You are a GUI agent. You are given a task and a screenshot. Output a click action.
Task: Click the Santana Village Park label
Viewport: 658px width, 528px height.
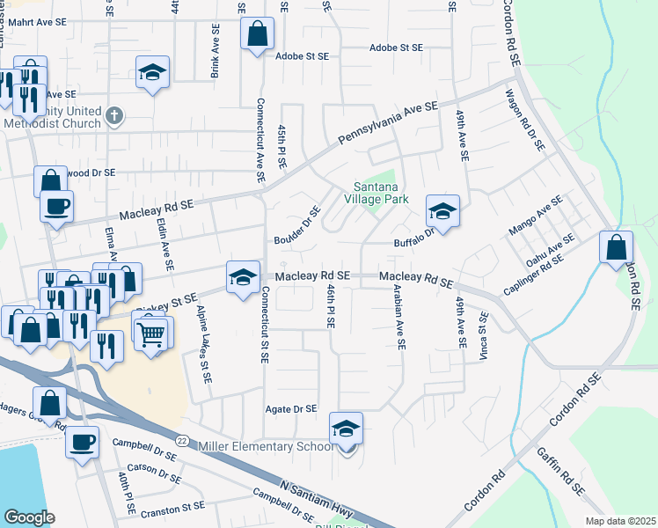point(382,194)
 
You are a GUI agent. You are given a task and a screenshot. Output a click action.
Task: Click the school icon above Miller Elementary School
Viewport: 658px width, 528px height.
point(346,429)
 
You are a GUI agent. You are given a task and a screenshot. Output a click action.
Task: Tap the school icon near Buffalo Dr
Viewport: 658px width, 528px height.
point(442,211)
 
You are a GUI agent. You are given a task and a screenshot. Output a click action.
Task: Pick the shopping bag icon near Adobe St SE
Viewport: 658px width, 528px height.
point(256,35)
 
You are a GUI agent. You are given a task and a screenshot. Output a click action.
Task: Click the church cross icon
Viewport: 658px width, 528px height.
point(114,115)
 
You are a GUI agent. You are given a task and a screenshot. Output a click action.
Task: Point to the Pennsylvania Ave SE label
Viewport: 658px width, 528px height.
point(387,122)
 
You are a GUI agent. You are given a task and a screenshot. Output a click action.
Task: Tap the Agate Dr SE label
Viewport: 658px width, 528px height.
point(290,409)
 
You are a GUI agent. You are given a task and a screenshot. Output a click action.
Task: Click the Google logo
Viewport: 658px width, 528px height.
point(29,517)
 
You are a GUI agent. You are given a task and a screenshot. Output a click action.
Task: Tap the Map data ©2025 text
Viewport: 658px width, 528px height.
point(620,521)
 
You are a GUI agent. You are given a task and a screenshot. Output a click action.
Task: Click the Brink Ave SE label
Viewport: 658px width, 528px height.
point(214,51)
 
